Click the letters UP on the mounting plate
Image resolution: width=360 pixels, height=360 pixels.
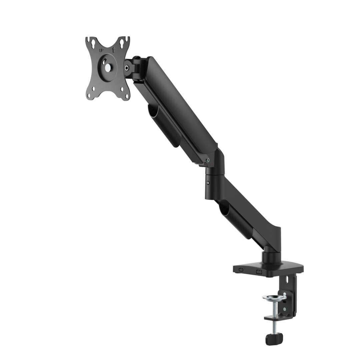click(x=101, y=50)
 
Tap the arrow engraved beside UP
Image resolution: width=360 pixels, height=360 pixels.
click(x=113, y=50)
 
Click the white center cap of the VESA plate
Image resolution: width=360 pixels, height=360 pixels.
click(x=108, y=67)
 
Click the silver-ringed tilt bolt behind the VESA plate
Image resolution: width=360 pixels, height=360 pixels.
click(x=127, y=68)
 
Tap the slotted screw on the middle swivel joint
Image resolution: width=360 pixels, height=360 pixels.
click(x=208, y=183)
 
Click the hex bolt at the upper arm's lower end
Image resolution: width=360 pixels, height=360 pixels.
click(x=208, y=160)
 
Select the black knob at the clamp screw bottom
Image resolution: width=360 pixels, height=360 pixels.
click(x=274, y=339)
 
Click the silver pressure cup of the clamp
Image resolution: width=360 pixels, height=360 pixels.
click(x=274, y=297)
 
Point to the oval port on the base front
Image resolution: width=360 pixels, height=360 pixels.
click(x=241, y=270)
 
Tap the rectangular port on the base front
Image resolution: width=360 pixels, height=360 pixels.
click(x=259, y=272)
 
